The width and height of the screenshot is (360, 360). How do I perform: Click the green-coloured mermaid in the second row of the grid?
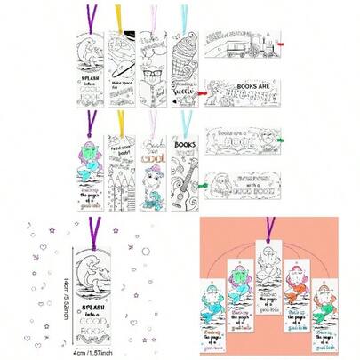coord(89,153)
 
